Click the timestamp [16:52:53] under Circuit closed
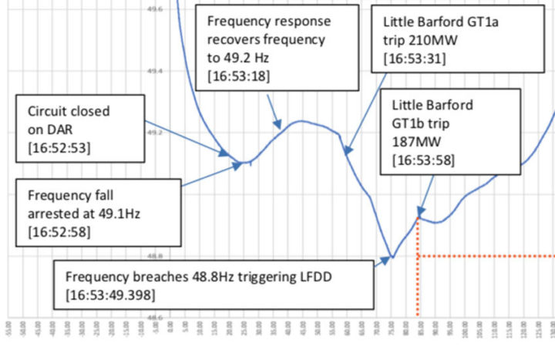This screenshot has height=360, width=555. [59, 146]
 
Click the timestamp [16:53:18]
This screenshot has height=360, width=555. [239, 75]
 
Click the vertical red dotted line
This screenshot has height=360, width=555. [418, 285]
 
